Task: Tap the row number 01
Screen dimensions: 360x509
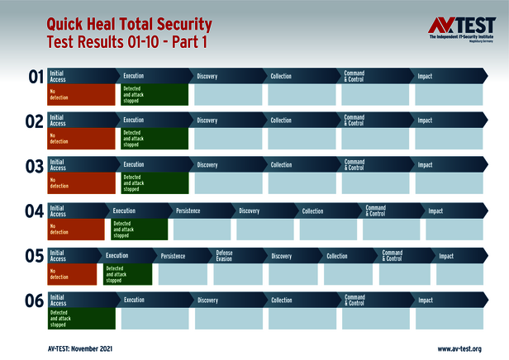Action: coord(36,78)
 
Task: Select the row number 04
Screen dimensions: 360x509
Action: coord(35,212)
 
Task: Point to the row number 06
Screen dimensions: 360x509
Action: coord(35,301)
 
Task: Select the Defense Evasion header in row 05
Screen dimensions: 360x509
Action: coord(225,256)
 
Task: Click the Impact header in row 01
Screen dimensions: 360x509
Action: coord(425,77)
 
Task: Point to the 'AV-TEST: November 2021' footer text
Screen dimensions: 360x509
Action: coord(80,349)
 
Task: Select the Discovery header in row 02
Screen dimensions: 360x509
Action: coord(207,121)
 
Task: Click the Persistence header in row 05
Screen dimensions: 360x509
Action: coord(173,256)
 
